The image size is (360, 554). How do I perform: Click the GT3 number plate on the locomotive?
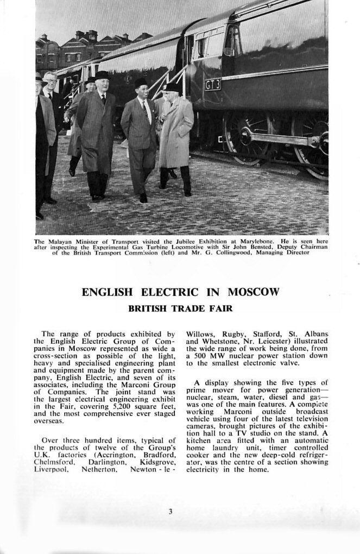(x=212, y=85)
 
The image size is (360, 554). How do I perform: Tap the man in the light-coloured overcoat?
(x=175, y=136)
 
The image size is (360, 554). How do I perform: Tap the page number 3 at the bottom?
(x=170, y=511)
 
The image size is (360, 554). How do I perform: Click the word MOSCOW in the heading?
(x=254, y=292)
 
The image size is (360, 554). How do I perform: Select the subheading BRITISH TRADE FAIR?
(x=180, y=309)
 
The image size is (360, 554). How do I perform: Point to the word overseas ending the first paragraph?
(x=49, y=420)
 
